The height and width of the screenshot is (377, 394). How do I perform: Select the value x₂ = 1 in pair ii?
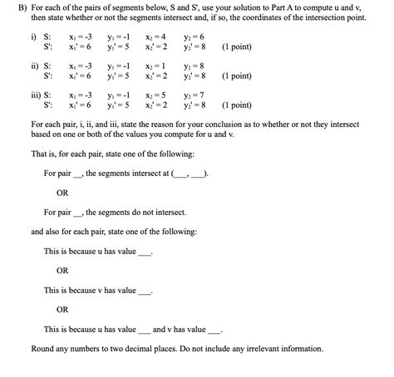click(154, 65)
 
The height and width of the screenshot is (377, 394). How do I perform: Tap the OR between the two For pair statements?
click(62, 193)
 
